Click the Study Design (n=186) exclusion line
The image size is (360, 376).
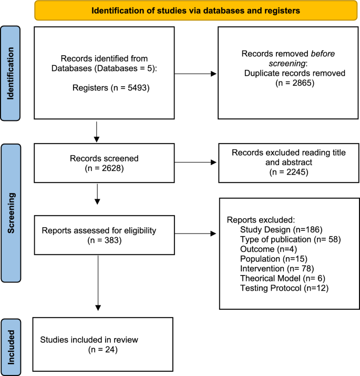click(x=281, y=229)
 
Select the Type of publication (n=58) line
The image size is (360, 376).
click(x=291, y=239)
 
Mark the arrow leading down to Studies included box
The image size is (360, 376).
click(x=98, y=284)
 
